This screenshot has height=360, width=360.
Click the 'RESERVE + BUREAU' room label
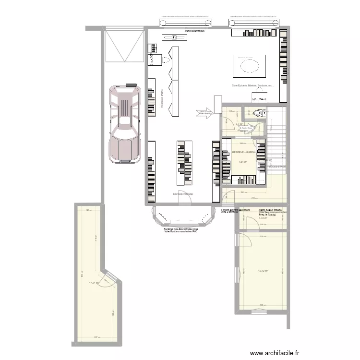click(245, 152)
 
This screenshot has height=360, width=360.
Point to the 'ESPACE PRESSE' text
click(183, 194)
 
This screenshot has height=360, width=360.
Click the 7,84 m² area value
click(242, 161)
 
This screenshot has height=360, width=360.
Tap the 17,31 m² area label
click(94, 283)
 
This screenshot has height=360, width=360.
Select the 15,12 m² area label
click(263, 271)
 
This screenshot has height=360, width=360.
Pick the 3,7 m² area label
click(239, 123)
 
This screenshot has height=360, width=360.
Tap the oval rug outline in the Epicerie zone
click(249, 64)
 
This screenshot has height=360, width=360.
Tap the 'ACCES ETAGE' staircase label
click(277, 167)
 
